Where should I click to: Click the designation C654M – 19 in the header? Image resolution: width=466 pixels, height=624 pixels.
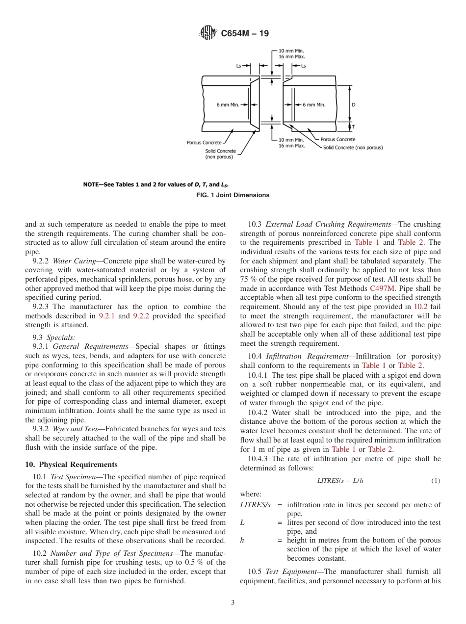(x=245, y=34)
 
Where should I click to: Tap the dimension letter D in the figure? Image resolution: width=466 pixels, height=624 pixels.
(x=354, y=105)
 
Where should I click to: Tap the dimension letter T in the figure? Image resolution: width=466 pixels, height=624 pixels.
(x=354, y=127)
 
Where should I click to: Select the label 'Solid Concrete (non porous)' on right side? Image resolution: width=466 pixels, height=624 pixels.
(x=353, y=147)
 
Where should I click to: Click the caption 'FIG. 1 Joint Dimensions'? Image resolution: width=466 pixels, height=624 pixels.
(x=233, y=195)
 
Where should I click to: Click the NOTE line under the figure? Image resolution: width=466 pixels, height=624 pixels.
(x=155, y=185)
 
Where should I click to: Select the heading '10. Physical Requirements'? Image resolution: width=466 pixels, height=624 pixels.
(x=71, y=465)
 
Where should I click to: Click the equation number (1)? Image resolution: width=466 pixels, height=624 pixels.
(x=436, y=480)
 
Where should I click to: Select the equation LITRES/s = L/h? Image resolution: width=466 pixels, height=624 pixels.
(x=340, y=480)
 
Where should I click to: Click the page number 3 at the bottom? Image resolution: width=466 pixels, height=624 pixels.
(x=233, y=603)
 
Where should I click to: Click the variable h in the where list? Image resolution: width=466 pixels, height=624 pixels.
(x=242, y=540)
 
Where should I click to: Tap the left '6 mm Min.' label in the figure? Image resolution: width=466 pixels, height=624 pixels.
(x=228, y=105)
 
